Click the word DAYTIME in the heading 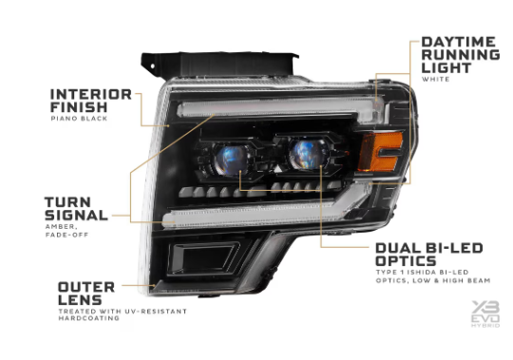[460, 43]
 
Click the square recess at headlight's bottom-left [208, 261]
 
